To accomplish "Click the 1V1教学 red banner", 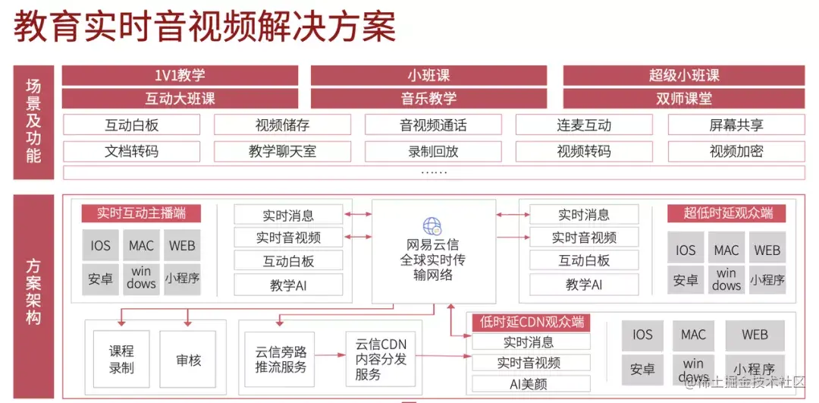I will [x=180, y=75].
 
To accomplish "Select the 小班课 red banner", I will [x=428, y=75].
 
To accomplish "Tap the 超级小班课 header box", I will [x=683, y=75].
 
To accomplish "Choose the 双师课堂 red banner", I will [x=683, y=99].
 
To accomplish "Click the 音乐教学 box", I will [x=428, y=99].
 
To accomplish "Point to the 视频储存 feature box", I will [x=282, y=125].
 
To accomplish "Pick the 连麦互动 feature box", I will [x=583, y=125].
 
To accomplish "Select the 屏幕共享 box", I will [x=736, y=125].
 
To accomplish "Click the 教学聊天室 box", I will [x=282, y=151].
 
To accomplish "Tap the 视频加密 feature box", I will [x=736, y=151].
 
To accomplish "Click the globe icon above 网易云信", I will [x=432, y=225].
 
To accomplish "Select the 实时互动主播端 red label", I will [x=141, y=213].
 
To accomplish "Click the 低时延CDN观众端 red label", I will [x=530, y=323].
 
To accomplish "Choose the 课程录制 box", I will [x=121, y=360].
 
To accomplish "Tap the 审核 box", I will [x=188, y=360].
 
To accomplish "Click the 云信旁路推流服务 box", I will [x=281, y=360].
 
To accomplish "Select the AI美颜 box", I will [x=529, y=384].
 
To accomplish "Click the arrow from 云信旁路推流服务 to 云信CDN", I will [x=330, y=354].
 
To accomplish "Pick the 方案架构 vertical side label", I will [x=33, y=292].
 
